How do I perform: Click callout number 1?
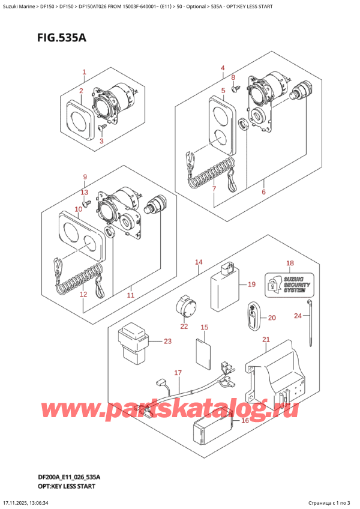pos(85,73)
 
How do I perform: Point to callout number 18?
pos(290,264)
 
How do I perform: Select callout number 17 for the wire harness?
pos(178,373)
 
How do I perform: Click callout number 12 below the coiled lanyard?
pos(83,294)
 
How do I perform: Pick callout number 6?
pos(263,192)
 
